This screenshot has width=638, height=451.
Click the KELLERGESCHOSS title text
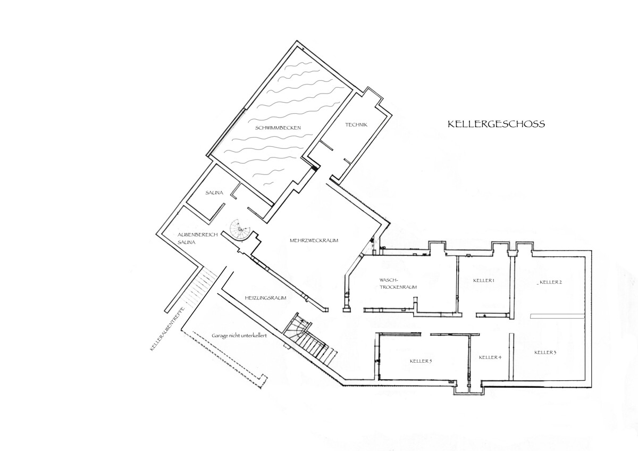coord(496,124)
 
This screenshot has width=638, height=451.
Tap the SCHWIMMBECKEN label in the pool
coord(278,128)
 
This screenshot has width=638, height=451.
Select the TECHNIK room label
coord(356,125)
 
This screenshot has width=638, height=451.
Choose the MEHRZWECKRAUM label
coord(314,240)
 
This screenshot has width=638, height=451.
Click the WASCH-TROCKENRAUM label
coord(397,283)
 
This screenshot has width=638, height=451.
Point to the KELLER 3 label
coord(545,353)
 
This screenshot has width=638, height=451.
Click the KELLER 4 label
coord(490,357)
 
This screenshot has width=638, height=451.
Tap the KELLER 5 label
coord(421,361)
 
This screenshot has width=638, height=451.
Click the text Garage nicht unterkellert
coord(239,336)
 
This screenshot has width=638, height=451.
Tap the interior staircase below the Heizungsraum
coord(308,340)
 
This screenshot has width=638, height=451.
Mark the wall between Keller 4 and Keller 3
coord(511,356)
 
